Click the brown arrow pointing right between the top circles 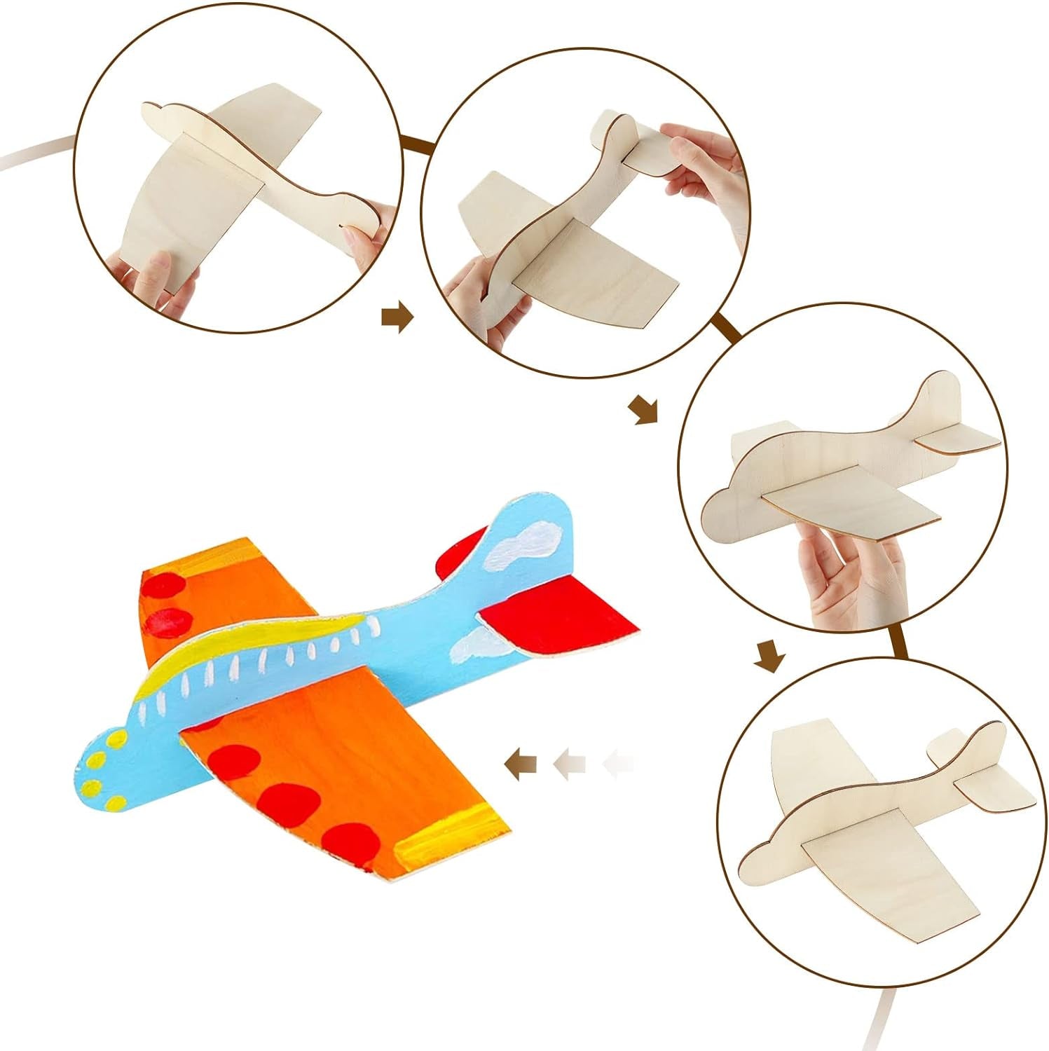[397, 317]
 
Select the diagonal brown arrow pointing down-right [643, 409]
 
